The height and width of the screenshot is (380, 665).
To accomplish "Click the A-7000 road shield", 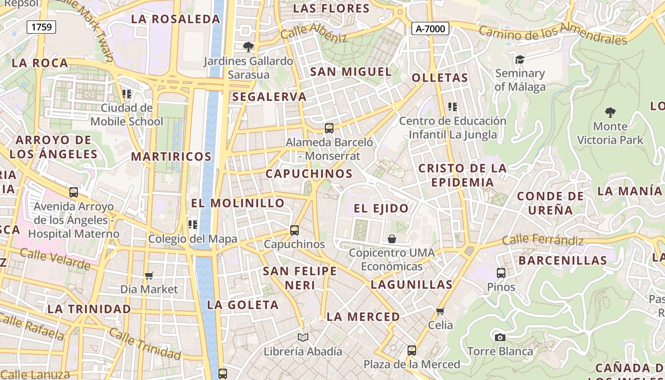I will pos(430,29).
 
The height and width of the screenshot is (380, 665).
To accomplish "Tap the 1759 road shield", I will pos(41,27).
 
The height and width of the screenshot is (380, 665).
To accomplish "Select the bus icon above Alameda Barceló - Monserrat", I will pos(329,128).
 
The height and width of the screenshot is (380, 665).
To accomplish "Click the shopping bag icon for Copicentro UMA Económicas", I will pos(392,238).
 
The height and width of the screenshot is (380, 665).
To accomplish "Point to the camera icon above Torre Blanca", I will pos(500,337).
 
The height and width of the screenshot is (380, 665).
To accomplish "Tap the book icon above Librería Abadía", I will pos(303,337).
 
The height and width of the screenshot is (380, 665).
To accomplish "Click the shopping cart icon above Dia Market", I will pos(149,275).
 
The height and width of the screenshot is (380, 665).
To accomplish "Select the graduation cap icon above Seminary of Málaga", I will pos(520,59).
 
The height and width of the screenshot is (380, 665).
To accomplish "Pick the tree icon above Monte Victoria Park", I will pos(610,113).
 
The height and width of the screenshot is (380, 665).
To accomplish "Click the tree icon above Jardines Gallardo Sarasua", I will pos(248,47).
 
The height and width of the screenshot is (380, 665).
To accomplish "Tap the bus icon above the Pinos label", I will pos(501,273).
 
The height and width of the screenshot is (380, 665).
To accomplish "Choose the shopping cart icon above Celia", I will pos(440,311).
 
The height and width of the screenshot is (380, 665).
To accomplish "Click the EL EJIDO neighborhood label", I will pos(381,208).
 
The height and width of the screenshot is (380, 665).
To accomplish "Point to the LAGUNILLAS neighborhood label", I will pos(411,285).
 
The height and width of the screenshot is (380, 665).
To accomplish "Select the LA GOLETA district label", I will pos(243,305).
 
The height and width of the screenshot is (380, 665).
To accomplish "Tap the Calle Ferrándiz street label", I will pos(542,240).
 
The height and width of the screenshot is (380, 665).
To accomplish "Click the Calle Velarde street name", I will pos(55,259).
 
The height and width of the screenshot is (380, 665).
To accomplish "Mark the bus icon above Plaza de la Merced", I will pos(412,351).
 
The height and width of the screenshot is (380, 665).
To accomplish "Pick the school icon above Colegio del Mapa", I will pos(192,224).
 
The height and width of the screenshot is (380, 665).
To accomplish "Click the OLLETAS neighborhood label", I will pos(440,78).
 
